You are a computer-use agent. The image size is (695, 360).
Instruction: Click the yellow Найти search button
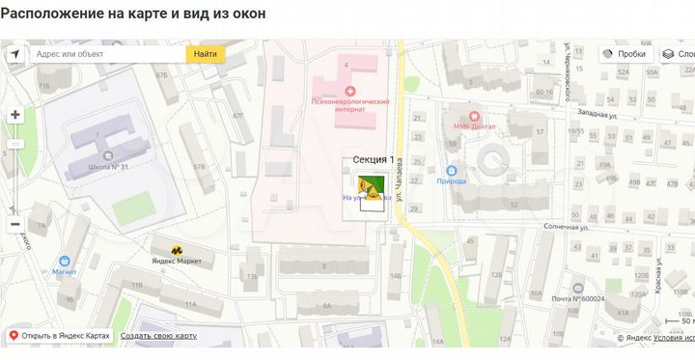coord(205,54)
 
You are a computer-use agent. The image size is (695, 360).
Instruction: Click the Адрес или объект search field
coord(106,54)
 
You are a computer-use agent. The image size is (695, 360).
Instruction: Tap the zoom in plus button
coord(15,115)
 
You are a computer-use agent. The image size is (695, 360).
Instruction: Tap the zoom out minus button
coord(15,224)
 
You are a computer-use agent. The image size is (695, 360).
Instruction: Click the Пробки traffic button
coord(624,54)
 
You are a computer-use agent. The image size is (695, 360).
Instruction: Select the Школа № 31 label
coord(108,168)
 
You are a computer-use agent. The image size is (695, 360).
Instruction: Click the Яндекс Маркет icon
coord(177,250)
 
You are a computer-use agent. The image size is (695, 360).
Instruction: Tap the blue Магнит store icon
coord(65,261)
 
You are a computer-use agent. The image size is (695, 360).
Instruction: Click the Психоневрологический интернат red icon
coord(349,90)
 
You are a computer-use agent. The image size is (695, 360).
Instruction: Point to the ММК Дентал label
coord(474,125)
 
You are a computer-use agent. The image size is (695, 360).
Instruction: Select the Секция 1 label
coord(370,158)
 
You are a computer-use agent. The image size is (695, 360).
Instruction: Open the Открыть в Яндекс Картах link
coord(61,336)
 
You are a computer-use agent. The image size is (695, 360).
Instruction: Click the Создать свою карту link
coord(158,336)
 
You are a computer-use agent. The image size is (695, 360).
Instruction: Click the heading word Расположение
coord(54,15)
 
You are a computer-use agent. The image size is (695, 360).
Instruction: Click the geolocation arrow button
coord(15,54)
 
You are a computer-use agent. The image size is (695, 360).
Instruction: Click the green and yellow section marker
coord(372,185)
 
